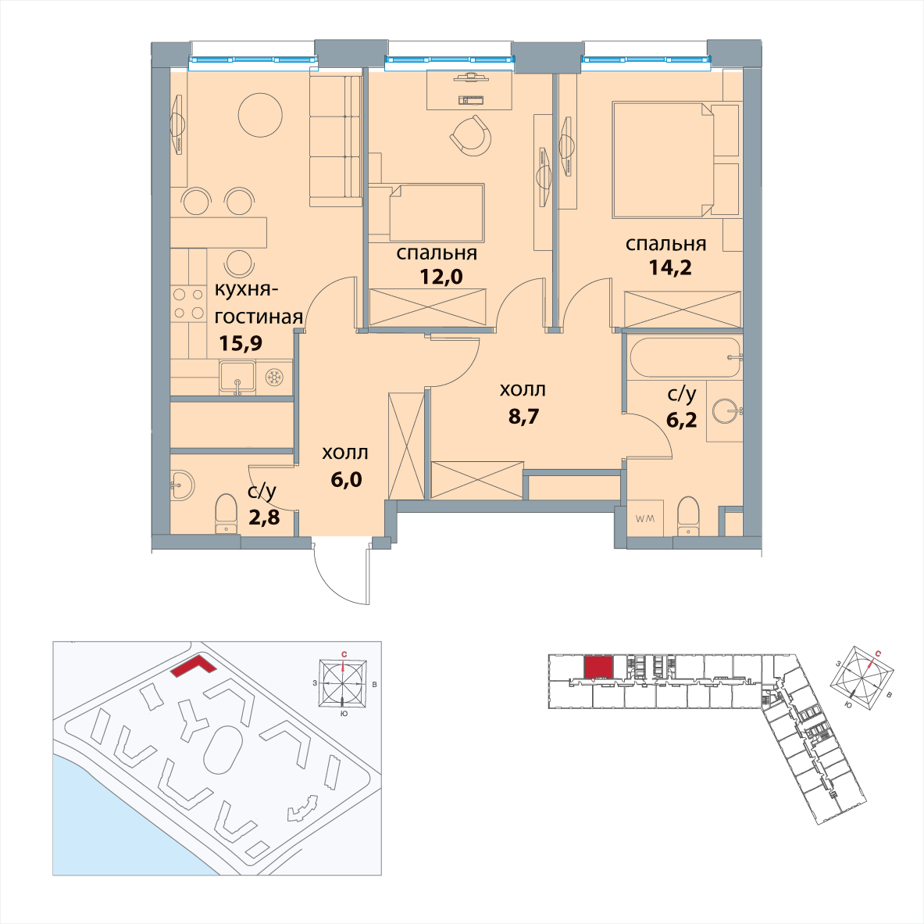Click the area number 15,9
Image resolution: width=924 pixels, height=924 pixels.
(x=241, y=342)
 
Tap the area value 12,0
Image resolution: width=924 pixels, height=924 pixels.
(x=441, y=276)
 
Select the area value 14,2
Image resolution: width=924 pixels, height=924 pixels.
(x=670, y=267)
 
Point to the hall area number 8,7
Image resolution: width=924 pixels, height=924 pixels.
(x=523, y=417)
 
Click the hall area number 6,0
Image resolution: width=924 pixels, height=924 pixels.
(x=346, y=479)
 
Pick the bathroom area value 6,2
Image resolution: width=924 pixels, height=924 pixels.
(x=681, y=419)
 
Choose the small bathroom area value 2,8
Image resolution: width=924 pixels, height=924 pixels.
(x=264, y=518)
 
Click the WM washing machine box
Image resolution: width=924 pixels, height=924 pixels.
(x=645, y=518)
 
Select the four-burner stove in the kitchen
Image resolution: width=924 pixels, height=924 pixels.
(x=188, y=303)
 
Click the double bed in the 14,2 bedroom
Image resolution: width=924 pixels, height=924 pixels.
(x=663, y=159)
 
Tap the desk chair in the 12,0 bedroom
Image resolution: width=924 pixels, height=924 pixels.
(x=471, y=135)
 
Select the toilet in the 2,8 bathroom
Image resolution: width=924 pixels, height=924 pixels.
(x=226, y=514)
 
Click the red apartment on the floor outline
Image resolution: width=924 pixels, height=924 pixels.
(x=598, y=668)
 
